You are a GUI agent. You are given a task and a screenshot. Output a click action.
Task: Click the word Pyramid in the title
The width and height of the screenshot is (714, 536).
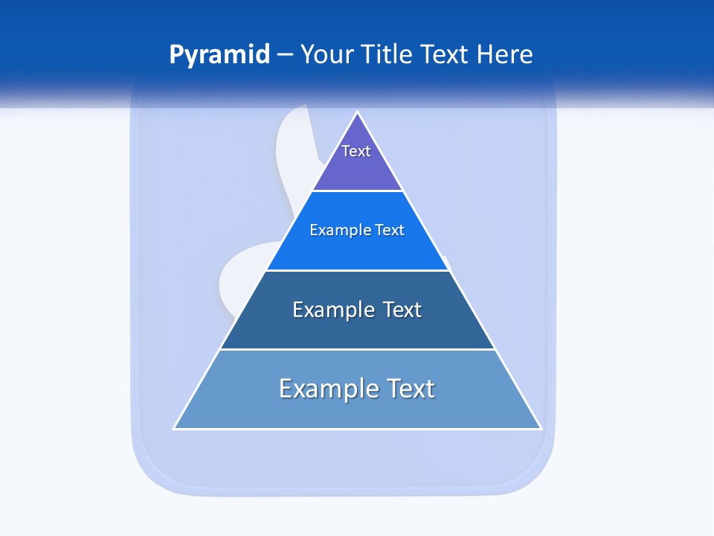click(x=219, y=55)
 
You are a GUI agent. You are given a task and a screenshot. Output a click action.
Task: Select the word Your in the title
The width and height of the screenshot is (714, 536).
click(x=327, y=55)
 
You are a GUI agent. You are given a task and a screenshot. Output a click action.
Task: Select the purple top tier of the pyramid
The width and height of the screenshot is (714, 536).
click(x=357, y=167)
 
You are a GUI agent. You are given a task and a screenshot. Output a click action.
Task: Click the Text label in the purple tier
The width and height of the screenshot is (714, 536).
click(x=356, y=151)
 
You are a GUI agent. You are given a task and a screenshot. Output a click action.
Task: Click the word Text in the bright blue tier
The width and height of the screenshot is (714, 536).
click(x=390, y=231)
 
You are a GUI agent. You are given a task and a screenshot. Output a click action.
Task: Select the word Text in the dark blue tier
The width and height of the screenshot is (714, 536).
click(x=402, y=310)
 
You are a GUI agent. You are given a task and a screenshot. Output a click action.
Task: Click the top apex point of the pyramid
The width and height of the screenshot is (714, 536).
click(x=358, y=113)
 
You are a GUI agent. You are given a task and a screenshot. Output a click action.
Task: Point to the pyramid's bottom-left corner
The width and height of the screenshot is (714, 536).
click(x=175, y=428)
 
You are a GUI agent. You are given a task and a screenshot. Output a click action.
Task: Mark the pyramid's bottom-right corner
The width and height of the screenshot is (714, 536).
click(x=540, y=428)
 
